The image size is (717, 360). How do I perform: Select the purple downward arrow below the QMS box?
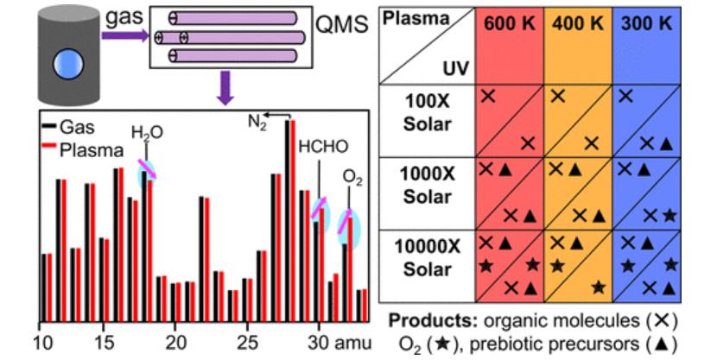tap(225, 89)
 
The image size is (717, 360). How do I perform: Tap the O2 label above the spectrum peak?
tap(352, 177)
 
